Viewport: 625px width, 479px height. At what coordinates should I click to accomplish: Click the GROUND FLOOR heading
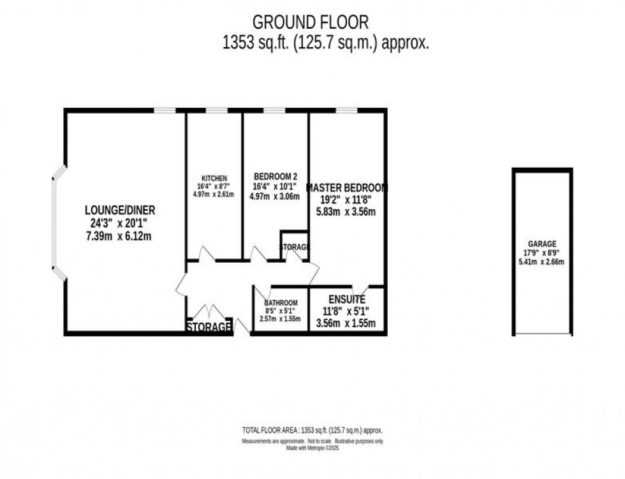[x=311, y=22]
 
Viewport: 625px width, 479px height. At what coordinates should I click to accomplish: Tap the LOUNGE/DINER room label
[x=121, y=210]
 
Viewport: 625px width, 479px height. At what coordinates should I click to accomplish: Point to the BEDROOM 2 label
[x=276, y=177]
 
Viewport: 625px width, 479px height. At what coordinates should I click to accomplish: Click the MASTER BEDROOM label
[x=347, y=188]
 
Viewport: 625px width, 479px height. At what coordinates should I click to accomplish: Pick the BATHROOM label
[x=281, y=303]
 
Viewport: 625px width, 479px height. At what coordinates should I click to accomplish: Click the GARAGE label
[x=542, y=244]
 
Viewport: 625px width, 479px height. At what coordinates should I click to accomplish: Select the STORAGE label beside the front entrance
[x=209, y=327]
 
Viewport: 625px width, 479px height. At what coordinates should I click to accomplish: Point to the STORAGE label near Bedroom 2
[x=295, y=247]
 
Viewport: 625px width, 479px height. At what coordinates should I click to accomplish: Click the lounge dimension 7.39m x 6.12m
[x=121, y=236]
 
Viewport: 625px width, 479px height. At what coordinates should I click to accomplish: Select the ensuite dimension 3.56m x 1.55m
[x=346, y=323]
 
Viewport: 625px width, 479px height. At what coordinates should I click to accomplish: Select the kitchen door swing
[x=207, y=254]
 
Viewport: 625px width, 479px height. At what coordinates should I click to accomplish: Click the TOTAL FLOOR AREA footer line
[x=312, y=431]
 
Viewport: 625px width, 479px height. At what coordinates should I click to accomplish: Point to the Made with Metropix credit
[x=312, y=449]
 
